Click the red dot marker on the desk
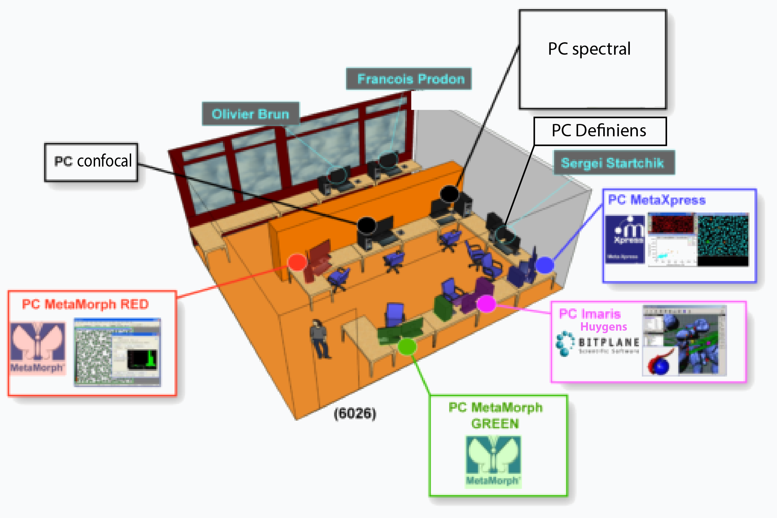(x=297, y=262)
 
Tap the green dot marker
(x=407, y=346)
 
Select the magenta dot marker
(x=486, y=304)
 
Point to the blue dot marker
(x=545, y=265)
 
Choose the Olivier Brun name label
(x=251, y=114)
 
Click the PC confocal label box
(x=91, y=162)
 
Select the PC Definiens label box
(x=600, y=131)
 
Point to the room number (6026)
(x=355, y=413)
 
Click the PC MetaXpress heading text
(x=657, y=200)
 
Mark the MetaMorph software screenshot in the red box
(x=117, y=352)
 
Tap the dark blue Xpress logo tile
(x=625, y=239)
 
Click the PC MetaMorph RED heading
(x=86, y=304)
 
